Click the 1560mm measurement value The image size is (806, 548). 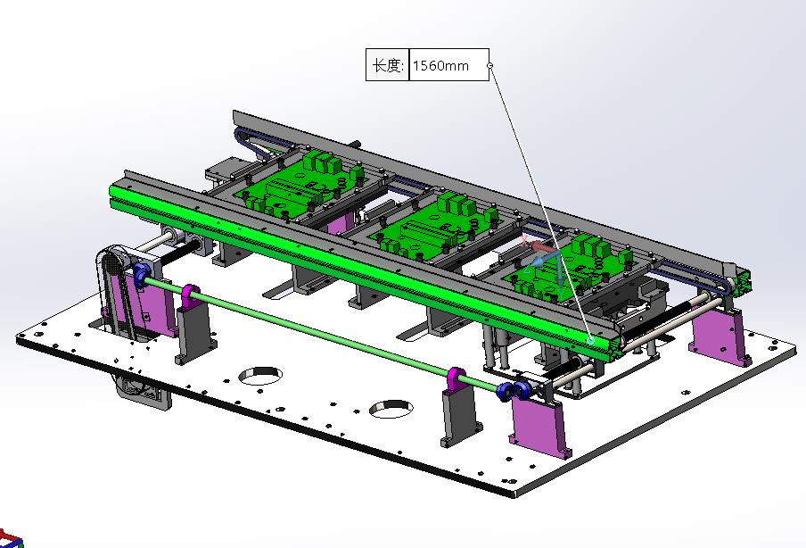point(440,66)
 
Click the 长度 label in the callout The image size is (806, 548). point(387,65)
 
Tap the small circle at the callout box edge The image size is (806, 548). point(489,65)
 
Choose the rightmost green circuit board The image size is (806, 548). point(571,268)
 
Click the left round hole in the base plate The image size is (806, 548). point(260,376)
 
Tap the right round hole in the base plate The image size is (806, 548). point(391,409)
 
